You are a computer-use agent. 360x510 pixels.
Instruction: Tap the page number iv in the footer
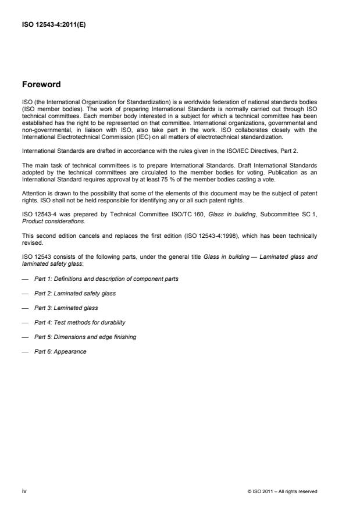click(x=24, y=491)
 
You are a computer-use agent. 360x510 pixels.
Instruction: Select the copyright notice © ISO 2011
click(x=282, y=491)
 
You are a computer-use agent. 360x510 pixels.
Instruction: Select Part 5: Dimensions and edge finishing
click(x=86, y=337)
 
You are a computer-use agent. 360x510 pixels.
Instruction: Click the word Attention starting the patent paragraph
click(x=33, y=193)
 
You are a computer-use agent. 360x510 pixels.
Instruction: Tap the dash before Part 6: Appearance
click(x=24, y=351)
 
